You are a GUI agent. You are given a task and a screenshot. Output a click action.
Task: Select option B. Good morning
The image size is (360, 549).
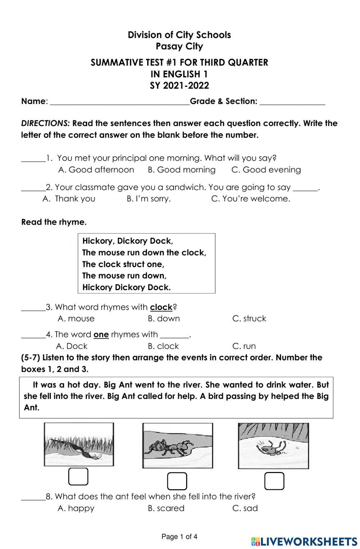coord(181,170)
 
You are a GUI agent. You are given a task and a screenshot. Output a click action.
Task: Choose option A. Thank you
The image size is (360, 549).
coord(69,199)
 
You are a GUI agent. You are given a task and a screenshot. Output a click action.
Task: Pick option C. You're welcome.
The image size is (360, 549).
coord(251,199)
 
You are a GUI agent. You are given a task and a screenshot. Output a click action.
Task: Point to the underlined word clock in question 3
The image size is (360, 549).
coord(161,307)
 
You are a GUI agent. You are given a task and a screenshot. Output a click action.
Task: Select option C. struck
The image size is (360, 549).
coord(249,319)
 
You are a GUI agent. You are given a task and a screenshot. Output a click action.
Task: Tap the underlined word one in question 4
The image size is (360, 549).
coord(101,334)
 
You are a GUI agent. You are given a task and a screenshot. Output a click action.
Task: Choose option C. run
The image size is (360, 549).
coord(244,346)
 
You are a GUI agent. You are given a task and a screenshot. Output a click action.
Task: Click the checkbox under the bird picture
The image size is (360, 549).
coord(78,477)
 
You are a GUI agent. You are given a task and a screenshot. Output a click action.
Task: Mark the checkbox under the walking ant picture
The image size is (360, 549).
coord(177,481)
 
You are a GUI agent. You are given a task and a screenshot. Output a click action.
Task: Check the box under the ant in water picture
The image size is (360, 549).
coord(274,481)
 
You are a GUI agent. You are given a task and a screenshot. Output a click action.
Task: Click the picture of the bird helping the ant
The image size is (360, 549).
coord(79,444)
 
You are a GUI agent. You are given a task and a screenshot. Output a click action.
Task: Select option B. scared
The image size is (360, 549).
coord(166,508)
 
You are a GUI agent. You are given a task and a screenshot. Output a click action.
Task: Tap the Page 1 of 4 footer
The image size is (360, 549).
coord(179,537)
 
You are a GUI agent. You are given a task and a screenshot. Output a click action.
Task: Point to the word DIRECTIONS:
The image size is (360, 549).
coord(45,123)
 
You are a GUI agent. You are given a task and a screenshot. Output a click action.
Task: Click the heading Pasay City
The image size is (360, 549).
coord(179,46)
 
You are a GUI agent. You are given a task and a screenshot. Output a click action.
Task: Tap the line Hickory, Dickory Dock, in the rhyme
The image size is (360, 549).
coord(127,241)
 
